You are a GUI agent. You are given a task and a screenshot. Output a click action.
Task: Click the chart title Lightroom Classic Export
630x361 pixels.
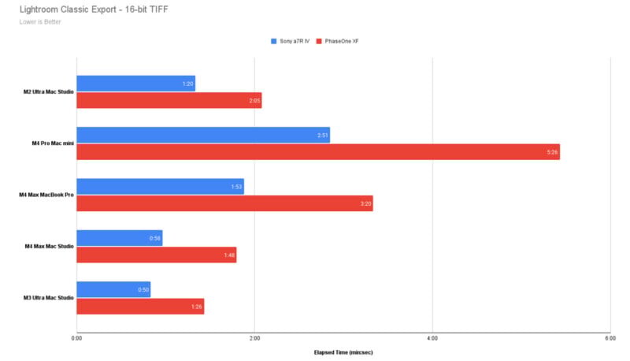click(x=87, y=9)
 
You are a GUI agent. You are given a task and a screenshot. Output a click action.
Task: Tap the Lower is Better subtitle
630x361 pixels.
click(x=41, y=21)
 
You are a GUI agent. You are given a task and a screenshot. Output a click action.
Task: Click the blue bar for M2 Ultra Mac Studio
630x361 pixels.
click(x=135, y=84)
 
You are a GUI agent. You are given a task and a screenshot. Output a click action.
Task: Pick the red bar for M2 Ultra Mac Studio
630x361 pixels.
click(x=169, y=100)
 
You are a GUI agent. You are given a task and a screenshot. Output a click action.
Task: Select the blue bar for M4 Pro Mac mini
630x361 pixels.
click(x=203, y=135)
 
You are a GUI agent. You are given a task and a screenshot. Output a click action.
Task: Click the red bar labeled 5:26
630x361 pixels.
click(x=317, y=151)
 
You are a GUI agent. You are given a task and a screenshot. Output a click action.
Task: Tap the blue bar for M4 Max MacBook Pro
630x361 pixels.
click(x=160, y=186)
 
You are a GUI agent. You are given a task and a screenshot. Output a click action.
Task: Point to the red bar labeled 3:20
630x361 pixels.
click(x=224, y=203)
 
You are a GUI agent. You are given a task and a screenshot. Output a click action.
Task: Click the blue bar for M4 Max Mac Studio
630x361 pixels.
click(x=119, y=238)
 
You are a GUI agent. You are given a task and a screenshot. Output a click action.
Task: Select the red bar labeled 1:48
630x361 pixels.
click(x=156, y=255)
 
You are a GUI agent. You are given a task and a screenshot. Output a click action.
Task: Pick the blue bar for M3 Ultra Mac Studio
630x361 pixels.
click(x=113, y=289)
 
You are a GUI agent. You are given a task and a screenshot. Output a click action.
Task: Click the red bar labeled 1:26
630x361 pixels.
click(x=140, y=306)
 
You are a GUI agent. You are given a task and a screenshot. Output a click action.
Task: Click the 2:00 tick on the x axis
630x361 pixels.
click(x=254, y=338)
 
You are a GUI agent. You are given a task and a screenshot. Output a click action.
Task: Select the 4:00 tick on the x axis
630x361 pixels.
click(x=432, y=338)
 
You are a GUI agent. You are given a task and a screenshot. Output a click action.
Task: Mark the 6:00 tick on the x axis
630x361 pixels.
click(x=609, y=338)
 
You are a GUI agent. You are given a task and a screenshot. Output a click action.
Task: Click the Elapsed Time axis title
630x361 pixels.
click(x=343, y=352)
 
